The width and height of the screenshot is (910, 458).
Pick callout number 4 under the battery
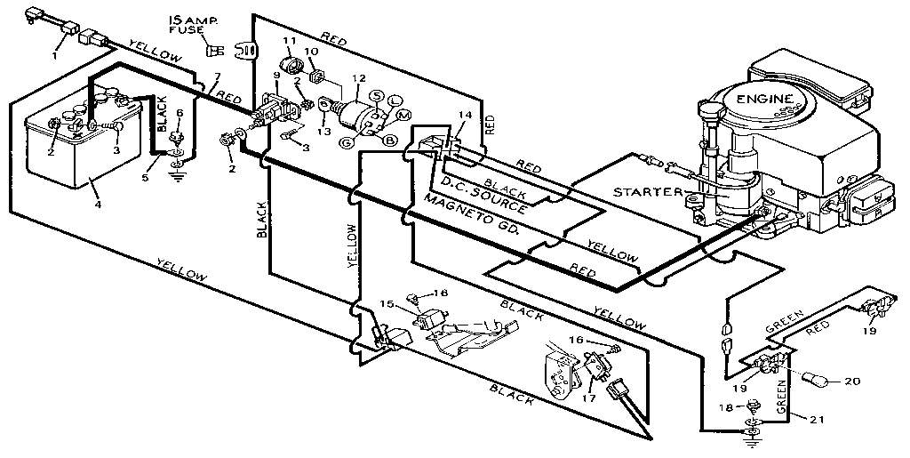point(98,205)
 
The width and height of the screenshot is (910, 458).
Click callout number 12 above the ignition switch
point(358,78)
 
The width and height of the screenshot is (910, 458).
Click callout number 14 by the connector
point(460,115)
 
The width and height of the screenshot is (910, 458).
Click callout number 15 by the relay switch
point(387,304)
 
